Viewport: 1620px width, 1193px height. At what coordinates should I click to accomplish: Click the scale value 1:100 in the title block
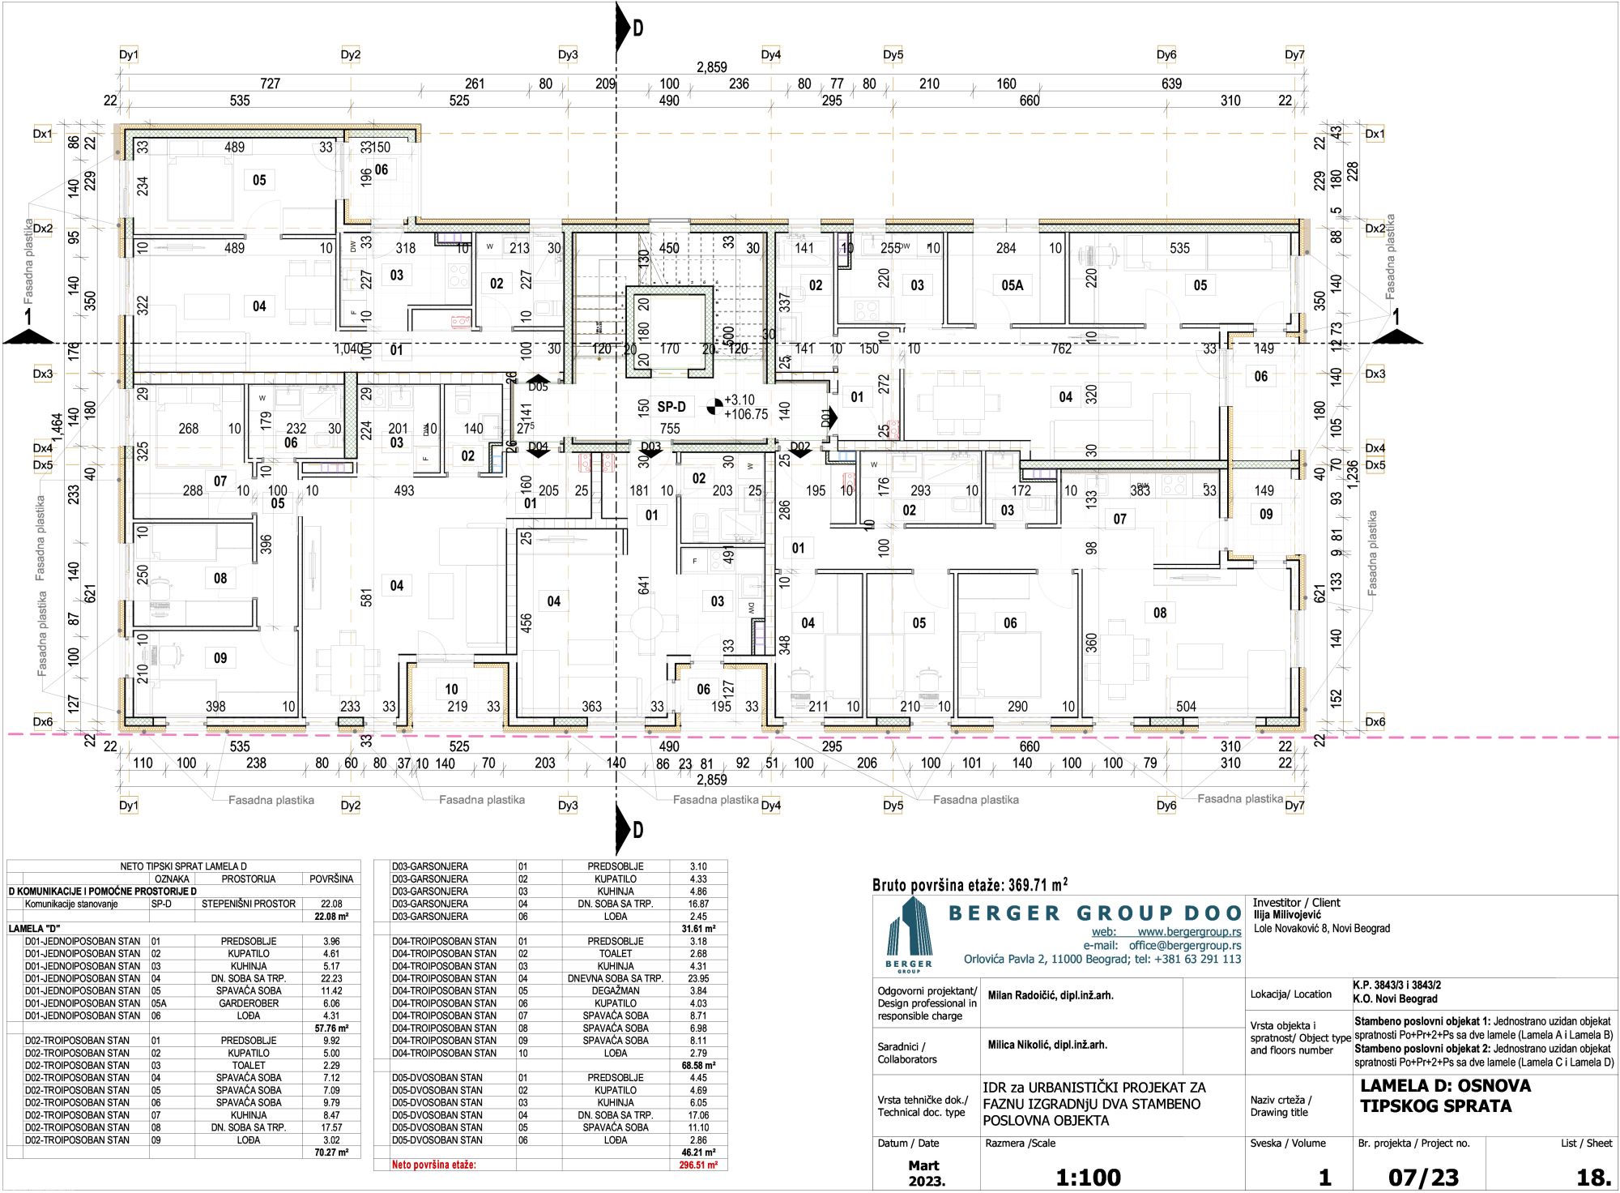pos(1088,1177)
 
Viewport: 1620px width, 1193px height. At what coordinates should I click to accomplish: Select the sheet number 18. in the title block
pos(1593,1177)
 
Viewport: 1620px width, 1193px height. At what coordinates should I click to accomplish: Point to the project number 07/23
pos(1423,1177)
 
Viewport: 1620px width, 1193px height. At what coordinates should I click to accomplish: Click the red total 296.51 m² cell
pos(697,1165)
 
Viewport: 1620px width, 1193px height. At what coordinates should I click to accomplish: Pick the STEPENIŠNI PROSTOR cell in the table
pos(249,904)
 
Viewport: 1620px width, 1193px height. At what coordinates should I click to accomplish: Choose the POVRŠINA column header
pos(331,879)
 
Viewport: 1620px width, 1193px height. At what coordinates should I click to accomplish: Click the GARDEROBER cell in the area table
pos(249,1003)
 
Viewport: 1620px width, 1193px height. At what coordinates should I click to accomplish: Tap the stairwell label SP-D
pos(671,407)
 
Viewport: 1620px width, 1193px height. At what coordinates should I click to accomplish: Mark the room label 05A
pos(1012,285)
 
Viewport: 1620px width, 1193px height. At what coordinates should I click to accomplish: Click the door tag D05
pos(538,387)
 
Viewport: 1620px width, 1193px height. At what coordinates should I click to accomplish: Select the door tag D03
pos(650,447)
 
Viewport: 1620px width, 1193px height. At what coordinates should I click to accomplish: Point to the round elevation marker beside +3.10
pos(714,406)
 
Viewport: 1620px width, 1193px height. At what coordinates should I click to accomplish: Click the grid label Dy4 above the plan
pos(770,55)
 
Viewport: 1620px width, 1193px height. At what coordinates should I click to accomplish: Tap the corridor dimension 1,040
pos(348,348)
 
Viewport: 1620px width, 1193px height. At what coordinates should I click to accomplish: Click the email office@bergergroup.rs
pos(1184,945)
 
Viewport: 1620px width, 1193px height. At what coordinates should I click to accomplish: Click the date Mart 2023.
pos(925,1174)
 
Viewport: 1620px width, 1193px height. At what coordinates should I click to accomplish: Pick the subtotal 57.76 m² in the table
pos(331,1028)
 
